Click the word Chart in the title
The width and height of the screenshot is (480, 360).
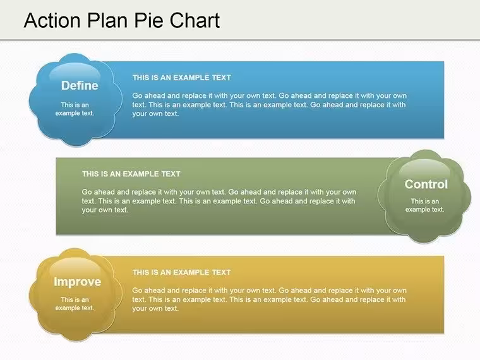195,20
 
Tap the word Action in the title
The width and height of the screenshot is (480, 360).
52,20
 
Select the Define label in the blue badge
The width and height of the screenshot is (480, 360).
80,86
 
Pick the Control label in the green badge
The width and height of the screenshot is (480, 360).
426,184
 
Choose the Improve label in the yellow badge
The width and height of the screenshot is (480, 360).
78,282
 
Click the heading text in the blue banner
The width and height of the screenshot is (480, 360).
182,78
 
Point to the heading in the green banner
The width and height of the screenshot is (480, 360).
131,174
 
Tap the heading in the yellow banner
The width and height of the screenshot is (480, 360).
182,272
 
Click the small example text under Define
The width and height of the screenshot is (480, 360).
75,109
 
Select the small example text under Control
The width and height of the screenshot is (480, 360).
425,205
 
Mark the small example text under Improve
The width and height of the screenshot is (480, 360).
75,304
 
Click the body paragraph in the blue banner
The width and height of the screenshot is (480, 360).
270,105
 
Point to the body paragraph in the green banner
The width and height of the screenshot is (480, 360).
219,201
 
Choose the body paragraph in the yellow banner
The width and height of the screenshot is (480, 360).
270,299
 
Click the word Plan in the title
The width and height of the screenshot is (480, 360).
107,20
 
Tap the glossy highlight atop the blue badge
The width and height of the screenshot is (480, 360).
75,72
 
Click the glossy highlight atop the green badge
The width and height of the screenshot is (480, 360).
424,169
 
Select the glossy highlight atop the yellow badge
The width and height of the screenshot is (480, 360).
75,267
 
